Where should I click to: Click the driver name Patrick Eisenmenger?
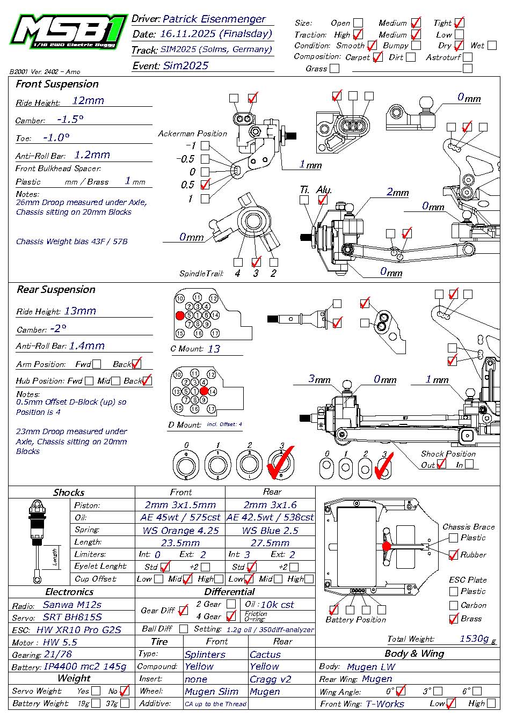pyautogui.click(x=214, y=19)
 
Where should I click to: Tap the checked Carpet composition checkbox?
pyautogui.click(x=377, y=57)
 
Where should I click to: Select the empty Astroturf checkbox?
pyautogui.click(x=468, y=57)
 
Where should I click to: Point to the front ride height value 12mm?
pyautogui.click(x=88, y=100)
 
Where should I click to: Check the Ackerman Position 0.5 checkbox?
pyautogui.click(x=205, y=185)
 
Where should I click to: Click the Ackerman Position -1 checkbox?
pyautogui.click(x=205, y=145)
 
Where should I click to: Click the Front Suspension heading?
pyautogui.click(x=57, y=84)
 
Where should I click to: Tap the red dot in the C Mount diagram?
pyautogui.click(x=180, y=316)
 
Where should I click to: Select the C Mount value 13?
pyautogui.click(x=214, y=349)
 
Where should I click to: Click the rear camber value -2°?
pyautogui.click(x=58, y=328)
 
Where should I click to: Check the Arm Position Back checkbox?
pyautogui.click(x=136, y=364)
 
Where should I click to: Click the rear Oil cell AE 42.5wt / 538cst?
pyautogui.click(x=270, y=517)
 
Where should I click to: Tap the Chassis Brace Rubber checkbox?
pyautogui.click(x=453, y=555)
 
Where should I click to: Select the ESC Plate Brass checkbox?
pyautogui.click(x=454, y=619)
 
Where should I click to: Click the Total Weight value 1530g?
pyautogui.click(x=474, y=639)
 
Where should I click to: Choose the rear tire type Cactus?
pyautogui.click(x=265, y=655)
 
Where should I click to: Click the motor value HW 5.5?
pyautogui.click(x=60, y=642)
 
